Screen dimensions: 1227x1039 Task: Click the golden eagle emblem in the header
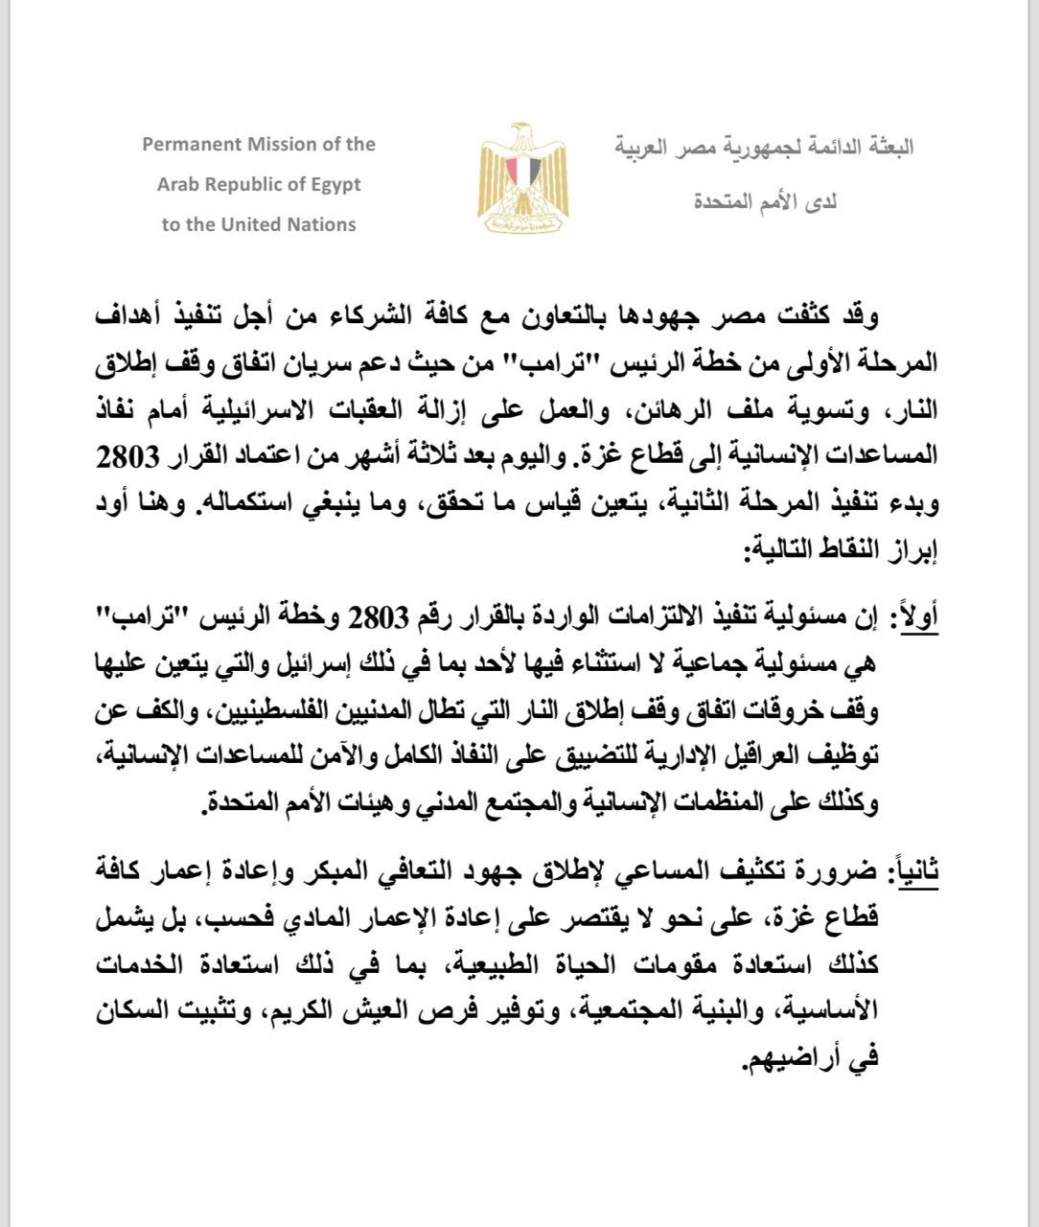tap(522, 180)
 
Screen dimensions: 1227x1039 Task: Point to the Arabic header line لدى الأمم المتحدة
tap(764, 202)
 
